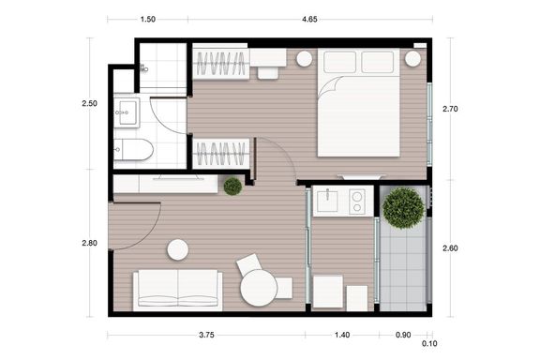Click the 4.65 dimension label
point(309,20)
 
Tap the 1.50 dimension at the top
point(148,20)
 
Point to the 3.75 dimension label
point(206,335)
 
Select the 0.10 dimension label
point(429,343)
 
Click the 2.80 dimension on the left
point(90,243)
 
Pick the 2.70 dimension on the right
point(450,109)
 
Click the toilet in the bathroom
point(133,150)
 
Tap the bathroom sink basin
point(127,112)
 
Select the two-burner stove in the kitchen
point(357,202)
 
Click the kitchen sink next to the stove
point(327,200)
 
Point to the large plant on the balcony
point(403,208)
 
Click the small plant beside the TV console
point(232,187)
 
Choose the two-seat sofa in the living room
point(178,290)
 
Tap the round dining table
point(259,288)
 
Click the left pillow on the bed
point(340,62)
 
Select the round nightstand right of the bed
point(412,59)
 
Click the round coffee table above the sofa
point(178,249)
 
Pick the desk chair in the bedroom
point(268,73)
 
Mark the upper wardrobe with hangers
point(220,64)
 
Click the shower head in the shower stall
point(144,68)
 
